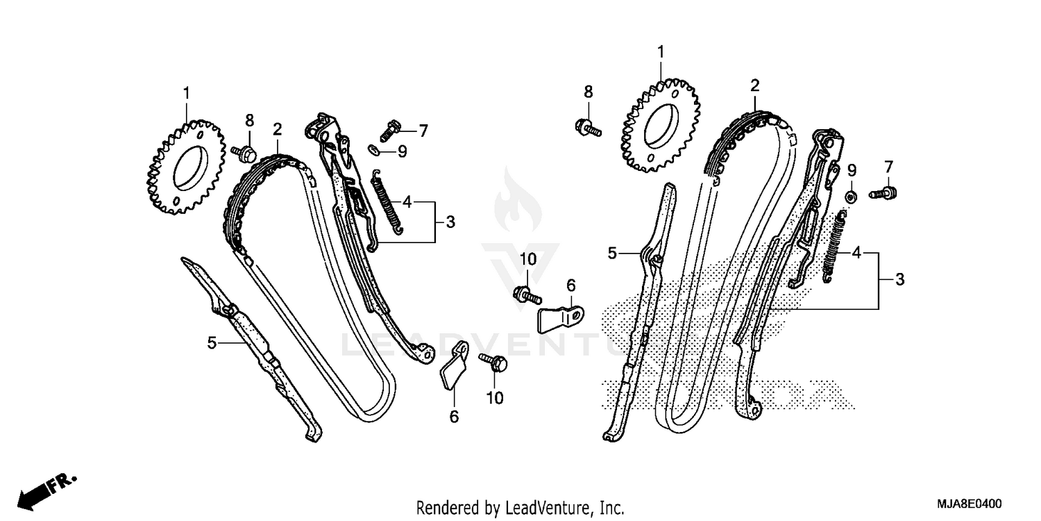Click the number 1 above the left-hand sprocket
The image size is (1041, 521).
(186, 92)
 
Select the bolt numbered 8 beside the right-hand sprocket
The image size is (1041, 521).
(586, 126)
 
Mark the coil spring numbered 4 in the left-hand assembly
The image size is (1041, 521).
(385, 205)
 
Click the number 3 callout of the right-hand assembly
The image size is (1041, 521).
(899, 280)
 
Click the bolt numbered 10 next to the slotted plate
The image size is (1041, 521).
(527, 296)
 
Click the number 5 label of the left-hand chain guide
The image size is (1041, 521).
(212, 342)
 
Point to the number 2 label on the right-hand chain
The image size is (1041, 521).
(754, 86)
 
